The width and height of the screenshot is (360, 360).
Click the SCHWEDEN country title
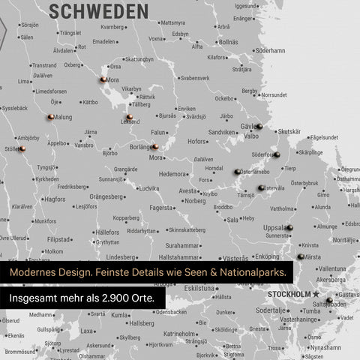tap(98, 10)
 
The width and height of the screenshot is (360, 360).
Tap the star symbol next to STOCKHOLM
tap(316, 294)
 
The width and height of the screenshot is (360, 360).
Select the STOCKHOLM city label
tap(289, 294)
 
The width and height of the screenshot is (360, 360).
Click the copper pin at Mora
tap(103, 79)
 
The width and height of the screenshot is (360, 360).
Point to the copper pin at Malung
tap(50, 117)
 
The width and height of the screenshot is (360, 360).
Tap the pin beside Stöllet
tap(22, 148)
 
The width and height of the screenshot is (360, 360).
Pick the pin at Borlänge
tap(154, 147)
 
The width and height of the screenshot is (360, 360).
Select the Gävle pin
tap(259, 126)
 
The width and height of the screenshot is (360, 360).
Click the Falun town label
tap(157, 132)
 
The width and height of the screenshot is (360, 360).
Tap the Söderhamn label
tap(270, 51)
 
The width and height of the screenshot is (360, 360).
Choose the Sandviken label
tap(222, 132)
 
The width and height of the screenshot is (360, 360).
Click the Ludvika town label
tap(148, 188)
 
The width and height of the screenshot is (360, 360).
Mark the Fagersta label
tap(161, 208)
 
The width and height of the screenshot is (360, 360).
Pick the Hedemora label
tap(172, 173)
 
